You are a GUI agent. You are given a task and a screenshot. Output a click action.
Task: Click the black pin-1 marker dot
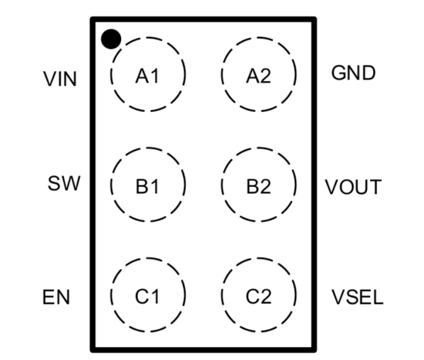pos(111,39)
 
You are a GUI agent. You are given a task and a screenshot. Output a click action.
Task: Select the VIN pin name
pos(60,79)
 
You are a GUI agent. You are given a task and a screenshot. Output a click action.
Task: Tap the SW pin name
pos(64,183)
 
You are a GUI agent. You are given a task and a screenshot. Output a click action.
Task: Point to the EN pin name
pos(56,298)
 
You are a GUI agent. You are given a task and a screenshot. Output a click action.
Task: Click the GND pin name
pos(353,73)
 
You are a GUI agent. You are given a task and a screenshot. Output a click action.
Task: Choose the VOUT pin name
pos(353,188)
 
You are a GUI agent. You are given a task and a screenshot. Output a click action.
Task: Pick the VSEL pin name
pos(357,298)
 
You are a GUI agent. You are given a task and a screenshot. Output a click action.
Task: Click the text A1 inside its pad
pos(147,76)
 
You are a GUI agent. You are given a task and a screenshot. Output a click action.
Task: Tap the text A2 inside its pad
pos(259,76)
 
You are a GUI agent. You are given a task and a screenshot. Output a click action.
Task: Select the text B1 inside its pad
pos(147,187)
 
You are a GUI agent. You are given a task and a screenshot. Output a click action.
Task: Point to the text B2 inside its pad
pos(259,187)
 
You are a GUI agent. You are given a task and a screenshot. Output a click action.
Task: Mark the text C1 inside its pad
pos(147,296)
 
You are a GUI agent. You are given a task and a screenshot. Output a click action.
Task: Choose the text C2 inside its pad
pos(259,296)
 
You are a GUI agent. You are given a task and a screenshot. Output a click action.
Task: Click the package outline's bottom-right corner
pos(314,349)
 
